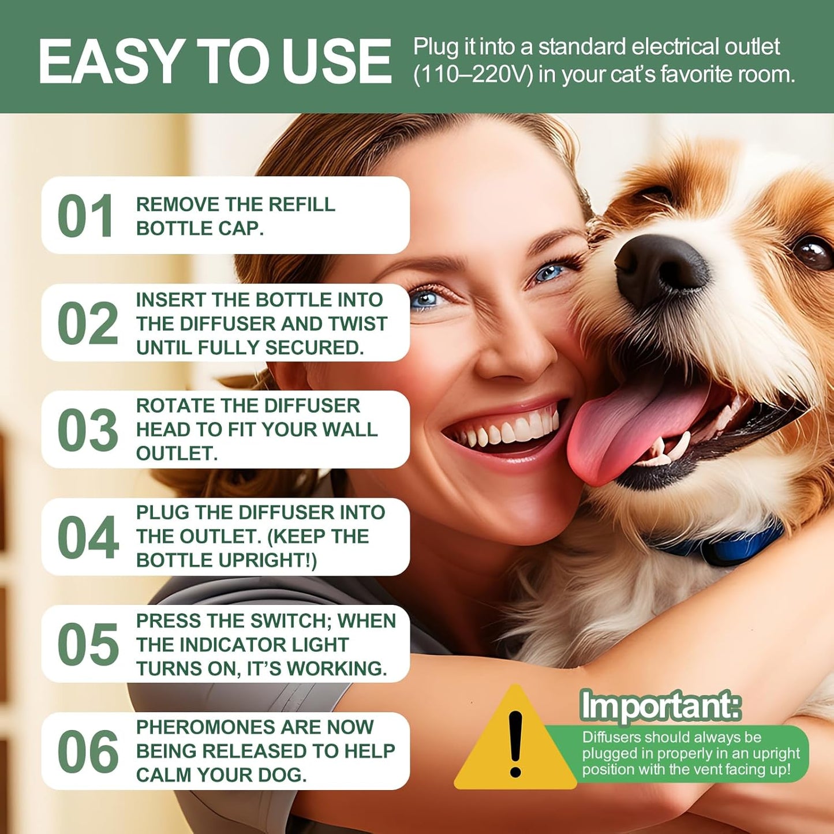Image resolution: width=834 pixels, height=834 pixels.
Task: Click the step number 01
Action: coord(85,216)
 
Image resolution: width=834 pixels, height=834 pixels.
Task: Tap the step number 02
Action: coord(88,323)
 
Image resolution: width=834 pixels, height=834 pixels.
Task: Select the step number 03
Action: coord(88,431)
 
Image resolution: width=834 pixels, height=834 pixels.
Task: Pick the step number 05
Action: coord(88,645)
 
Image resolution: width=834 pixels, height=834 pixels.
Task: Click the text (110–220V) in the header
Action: coord(473,75)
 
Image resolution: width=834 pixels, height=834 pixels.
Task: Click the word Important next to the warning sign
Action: coord(660,705)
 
